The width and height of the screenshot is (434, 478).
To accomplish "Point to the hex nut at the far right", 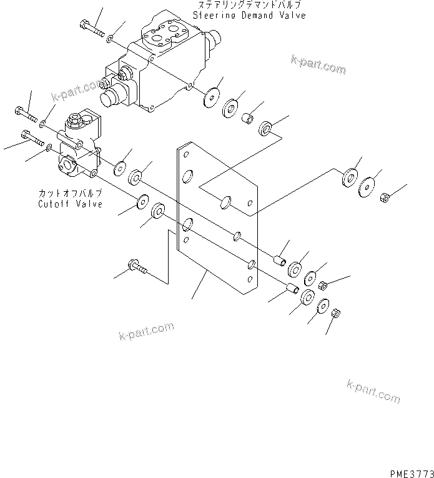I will coord(385,198).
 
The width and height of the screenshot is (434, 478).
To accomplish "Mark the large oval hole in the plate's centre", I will coord(227,201).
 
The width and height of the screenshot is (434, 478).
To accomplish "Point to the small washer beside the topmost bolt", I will coord(110,39).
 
